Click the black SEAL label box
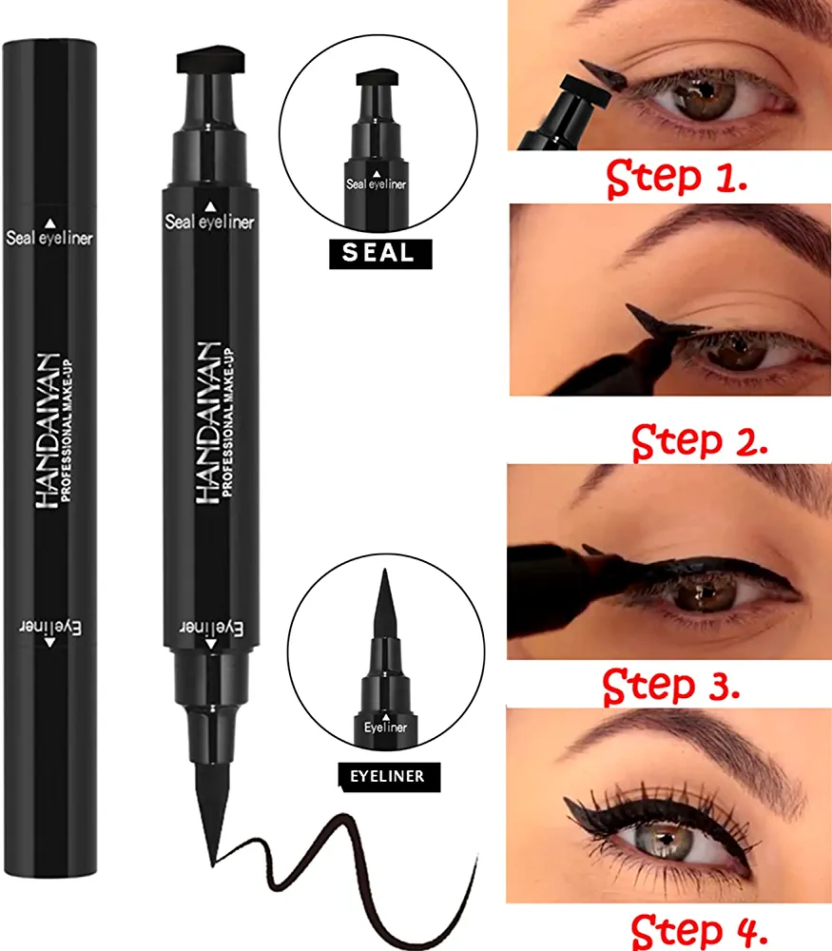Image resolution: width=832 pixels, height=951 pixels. click(380, 254)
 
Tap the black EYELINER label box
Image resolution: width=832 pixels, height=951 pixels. click(389, 776)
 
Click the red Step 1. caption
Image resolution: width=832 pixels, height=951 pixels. click(676, 178)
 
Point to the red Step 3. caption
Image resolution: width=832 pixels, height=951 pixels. click(671, 685)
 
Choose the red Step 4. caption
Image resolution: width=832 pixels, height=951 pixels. click(699, 929)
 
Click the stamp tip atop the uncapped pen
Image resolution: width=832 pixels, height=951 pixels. click(210, 58)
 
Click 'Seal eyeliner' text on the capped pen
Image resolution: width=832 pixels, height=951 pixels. click(49, 238)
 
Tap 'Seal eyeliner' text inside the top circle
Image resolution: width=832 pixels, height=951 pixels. click(376, 184)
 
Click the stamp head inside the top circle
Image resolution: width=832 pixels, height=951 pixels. click(377, 78)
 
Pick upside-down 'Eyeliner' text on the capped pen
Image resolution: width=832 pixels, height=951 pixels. click(49, 627)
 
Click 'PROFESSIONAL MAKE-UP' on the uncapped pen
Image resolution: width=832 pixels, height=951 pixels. click(228, 422)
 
